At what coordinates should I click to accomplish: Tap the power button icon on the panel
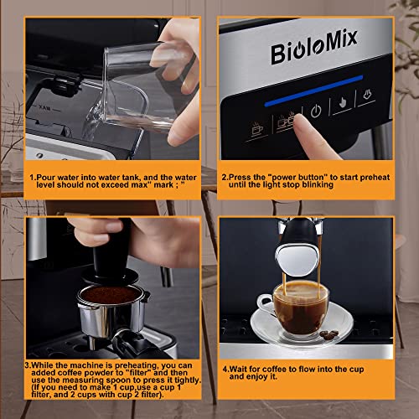coord(316,111)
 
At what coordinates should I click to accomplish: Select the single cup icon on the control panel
coord(257,129)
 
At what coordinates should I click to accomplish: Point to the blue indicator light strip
coord(313,91)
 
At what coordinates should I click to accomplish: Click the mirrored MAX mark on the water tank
coord(44,108)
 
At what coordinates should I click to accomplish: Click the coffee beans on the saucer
coord(328,334)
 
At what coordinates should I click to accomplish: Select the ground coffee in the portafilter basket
coord(110,294)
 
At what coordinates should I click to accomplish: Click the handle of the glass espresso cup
coord(264,303)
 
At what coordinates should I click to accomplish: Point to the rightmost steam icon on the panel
coord(367,95)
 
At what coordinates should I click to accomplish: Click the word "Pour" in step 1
coord(46,178)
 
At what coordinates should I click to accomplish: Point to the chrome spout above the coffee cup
coord(297,261)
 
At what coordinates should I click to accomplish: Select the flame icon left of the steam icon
coord(343,103)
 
